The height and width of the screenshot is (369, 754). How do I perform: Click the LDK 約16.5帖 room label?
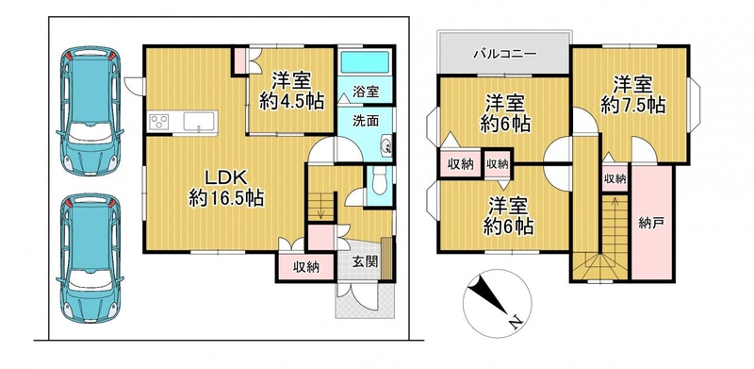[x=226, y=188]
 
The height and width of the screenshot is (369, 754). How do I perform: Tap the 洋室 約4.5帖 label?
[x=292, y=91]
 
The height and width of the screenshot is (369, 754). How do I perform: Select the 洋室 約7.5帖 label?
[x=632, y=95]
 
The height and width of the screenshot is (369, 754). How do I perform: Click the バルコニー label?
[x=504, y=54]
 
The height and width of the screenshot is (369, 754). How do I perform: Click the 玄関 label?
[x=365, y=261]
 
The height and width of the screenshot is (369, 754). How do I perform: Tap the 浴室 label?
[x=366, y=92]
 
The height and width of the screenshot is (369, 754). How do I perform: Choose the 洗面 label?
[x=366, y=121]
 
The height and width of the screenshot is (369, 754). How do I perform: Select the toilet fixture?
[x=380, y=184]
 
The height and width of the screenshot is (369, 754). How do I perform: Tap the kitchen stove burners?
[x=159, y=121]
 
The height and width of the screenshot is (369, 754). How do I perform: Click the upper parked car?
[x=90, y=110]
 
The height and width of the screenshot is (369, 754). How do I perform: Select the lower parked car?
[x=90, y=258]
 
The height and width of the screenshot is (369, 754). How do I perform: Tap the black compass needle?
[x=487, y=294]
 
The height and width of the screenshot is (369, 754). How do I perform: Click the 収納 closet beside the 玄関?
[x=305, y=266]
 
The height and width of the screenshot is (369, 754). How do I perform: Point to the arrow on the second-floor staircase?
[x=615, y=226]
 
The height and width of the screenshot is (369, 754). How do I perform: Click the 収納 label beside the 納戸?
[x=615, y=178]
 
